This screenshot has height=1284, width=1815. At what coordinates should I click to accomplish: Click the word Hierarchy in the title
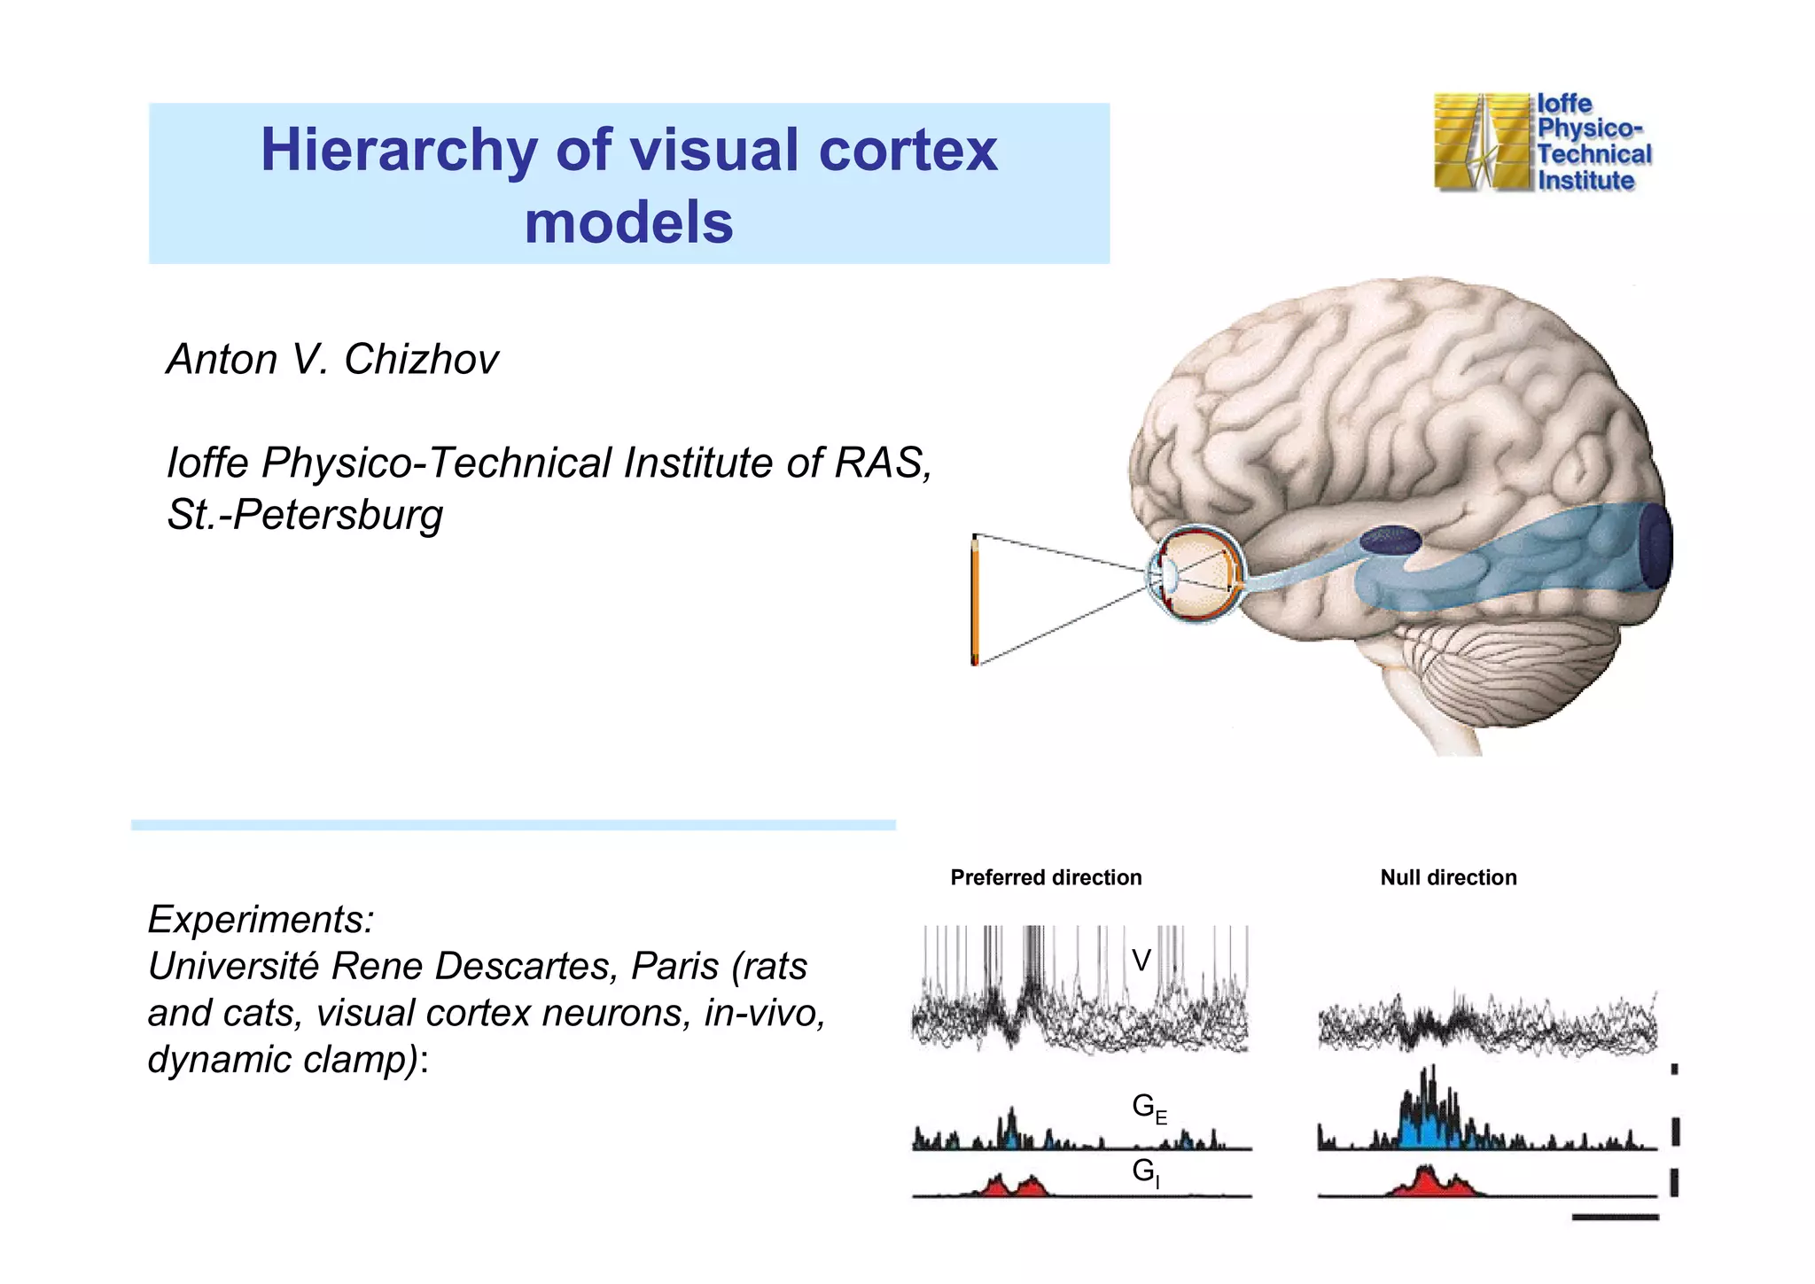coord(398,151)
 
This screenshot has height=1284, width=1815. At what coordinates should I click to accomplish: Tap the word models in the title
coord(628,222)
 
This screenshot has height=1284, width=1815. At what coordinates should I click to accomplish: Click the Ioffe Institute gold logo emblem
coord(1482,142)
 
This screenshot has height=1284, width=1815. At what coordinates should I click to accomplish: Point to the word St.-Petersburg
coord(305,515)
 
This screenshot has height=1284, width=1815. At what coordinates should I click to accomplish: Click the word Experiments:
coord(261,919)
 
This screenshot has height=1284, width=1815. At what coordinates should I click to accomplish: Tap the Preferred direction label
coord(1046,877)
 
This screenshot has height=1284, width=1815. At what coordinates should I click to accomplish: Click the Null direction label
coord(1448,877)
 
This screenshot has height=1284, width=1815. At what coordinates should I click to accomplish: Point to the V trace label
coord(1141,961)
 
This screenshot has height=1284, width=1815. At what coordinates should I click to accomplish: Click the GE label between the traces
coord(1149,1109)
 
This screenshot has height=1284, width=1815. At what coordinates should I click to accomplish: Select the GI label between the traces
coord(1145,1172)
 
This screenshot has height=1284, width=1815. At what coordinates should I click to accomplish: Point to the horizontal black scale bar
coord(1615,1218)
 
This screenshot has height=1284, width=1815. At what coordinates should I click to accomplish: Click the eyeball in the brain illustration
coord(1196,574)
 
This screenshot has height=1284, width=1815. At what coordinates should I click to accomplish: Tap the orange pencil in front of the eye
coord(975,600)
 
